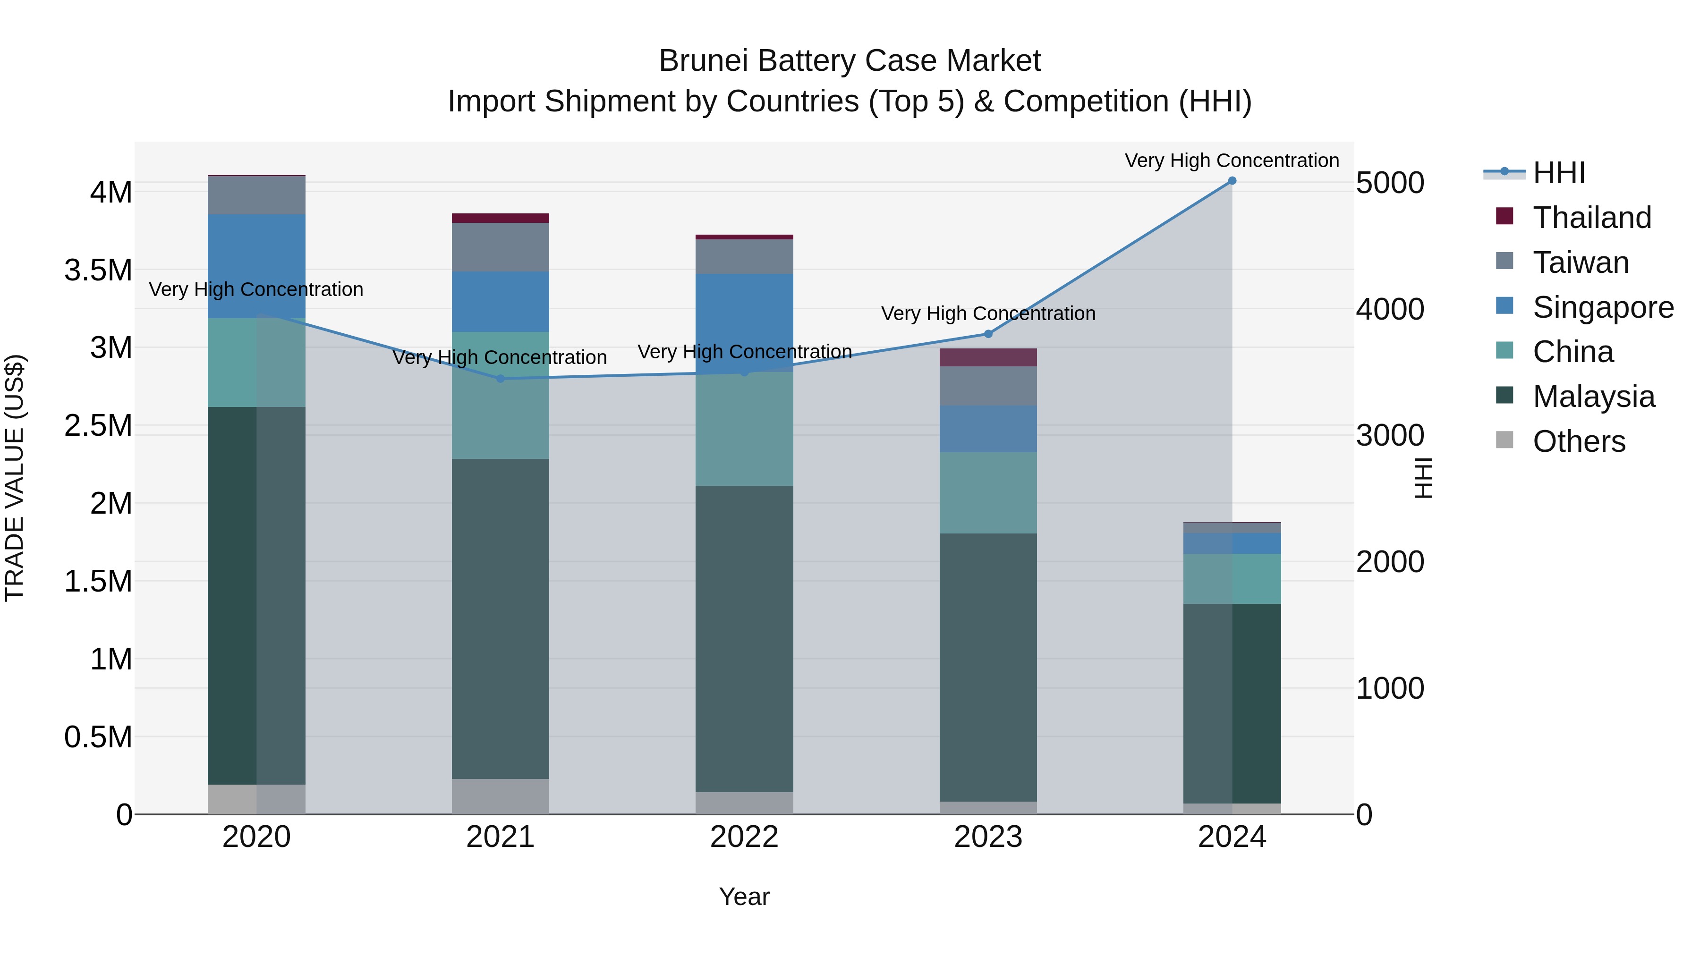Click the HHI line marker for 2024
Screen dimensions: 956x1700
pos(1232,181)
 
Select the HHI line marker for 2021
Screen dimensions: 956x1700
pos(500,379)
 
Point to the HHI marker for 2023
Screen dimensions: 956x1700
pos(988,334)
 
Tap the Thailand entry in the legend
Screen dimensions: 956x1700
pos(1591,218)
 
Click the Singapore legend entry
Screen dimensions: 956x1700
pos(1602,307)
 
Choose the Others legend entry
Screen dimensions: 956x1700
pos(1579,441)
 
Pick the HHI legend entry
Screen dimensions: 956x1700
pos(1558,173)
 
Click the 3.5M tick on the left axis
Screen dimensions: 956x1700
pos(98,271)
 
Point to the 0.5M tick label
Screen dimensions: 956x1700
pos(98,737)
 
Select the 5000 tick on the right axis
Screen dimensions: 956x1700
pos(1390,184)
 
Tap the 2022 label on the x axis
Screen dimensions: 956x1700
pos(744,837)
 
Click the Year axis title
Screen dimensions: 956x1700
pos(744,897)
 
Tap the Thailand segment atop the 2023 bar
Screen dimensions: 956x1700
pos(988,357)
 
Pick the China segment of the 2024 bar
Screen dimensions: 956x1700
pos(1232,579)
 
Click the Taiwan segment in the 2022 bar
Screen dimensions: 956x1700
pos(744,257)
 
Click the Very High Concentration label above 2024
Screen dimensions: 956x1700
pos(1232,161)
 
